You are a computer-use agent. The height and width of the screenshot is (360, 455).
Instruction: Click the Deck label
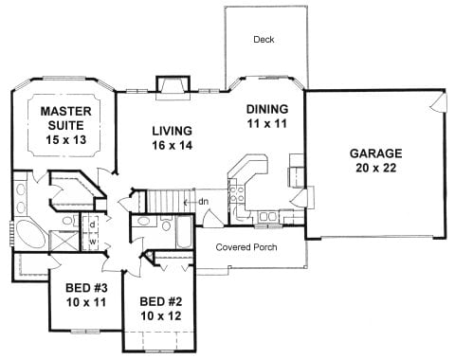pyautogui.click(x=264, y=40)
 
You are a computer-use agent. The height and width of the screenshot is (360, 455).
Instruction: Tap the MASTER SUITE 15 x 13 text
pyautogui.click(x=66, y=125)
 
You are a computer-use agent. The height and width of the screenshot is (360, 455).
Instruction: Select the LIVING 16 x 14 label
pyautogui.click(x=173, y=137)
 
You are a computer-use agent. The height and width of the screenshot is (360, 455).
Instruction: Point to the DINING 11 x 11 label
pyautogui.click(x=267, y=117)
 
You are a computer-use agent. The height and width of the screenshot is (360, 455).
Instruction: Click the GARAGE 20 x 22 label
pyautogui.click(x=376, y=160)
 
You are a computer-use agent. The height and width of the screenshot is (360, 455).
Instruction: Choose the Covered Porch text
pyautogui.click(x=246, y=247)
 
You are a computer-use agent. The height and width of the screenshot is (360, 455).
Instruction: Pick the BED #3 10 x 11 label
pyautogui.click(x=86, y=296)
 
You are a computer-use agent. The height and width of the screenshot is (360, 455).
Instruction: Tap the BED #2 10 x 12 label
pyautogui.click(x=161, y=309)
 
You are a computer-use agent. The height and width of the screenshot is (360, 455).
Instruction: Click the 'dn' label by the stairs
pyautogui.click(x=204, y=201)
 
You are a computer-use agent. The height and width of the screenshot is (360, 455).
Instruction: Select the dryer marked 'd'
pyautogui.click(x=92, y=225)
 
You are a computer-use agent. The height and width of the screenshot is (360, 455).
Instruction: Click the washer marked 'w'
pyautogui.click(x=92, y=242)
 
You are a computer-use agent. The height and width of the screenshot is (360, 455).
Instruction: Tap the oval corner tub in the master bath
pyautogui.click(x=30, y=234)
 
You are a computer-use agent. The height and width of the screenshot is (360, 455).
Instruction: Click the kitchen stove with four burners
pyautogui.click(x=237, y=194)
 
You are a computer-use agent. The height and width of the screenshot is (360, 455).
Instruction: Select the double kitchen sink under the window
pyautogui.click(x=267, y=217)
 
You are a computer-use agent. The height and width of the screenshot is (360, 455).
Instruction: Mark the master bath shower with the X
pyautogui.click(x=64, y=241)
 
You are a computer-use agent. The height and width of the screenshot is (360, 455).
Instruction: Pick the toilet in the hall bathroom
pyautogui.click(x=166, y=224)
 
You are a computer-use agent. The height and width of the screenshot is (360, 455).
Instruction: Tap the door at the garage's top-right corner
pyautogui.click(x=439, y=101)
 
